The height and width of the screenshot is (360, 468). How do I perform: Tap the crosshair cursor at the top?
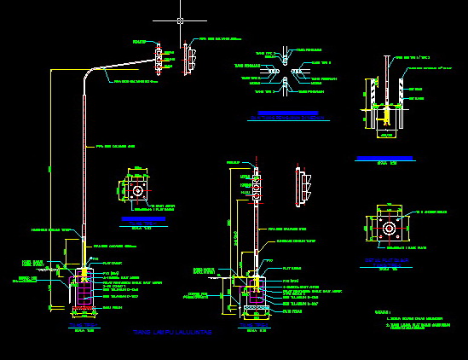180,20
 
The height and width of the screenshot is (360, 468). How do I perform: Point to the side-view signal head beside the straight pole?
298,187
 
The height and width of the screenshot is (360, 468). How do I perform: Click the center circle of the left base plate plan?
137,190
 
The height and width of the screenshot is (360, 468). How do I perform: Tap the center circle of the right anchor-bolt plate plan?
389,229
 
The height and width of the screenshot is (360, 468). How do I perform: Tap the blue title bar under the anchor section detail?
384,158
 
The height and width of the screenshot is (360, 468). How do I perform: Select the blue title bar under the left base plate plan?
138,221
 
